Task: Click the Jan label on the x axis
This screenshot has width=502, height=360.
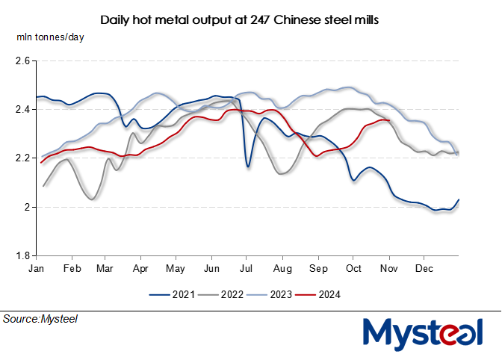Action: click(x=36, y=267)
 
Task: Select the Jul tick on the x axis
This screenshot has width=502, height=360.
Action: click(x=246, y=267)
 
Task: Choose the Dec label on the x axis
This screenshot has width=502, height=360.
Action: click(x=424, y=267)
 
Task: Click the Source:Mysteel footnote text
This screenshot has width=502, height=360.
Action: click(x=40, y=319)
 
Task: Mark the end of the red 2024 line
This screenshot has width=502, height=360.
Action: click(x=389, y=120)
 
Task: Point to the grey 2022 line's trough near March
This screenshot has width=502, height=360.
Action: click(x=91, y=199)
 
